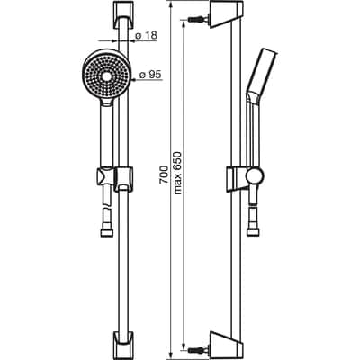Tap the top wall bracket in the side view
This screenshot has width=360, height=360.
click(x=220, y=16)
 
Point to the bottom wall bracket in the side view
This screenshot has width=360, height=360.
click(x=220, y=344)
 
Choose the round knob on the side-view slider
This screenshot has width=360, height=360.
click(x=256, y=175)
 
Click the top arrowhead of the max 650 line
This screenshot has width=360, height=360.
click(x=185, y=26)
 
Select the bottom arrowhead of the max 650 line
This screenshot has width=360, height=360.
click(x=185, y=335)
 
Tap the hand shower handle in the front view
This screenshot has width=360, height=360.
click(x=106, y=135)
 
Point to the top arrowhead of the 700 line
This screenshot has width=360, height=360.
click(x=170, y=6)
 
